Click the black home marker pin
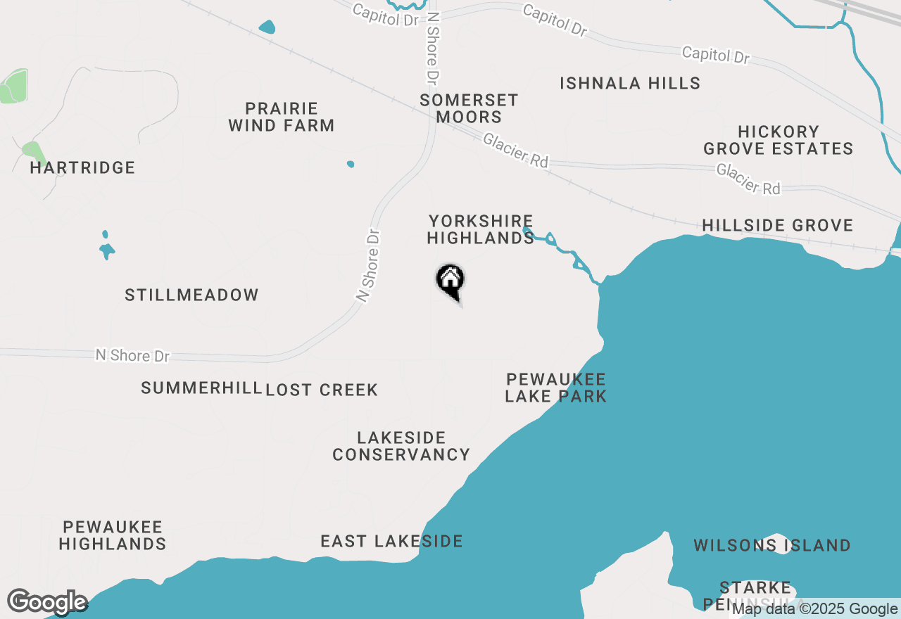click(450, 280)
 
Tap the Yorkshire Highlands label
click(481, 230)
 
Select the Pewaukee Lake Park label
click(555, 388)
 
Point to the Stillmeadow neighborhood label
click(191, 295)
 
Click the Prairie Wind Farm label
click(281, 117)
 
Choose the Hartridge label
click(82, 168)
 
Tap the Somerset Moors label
click(468, 109)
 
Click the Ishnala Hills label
click(630, 84)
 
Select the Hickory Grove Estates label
click(779, 141)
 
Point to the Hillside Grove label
click(777, 226)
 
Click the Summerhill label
click(201, 388)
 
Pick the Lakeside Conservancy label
click(401, 447)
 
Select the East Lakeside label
click(391, 542)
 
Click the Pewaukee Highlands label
click(113, 535)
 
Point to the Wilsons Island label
click(772, 546)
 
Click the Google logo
click(47, 602)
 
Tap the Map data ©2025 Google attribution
click(814, 609)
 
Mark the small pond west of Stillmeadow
click(107, 248)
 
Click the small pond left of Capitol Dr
click(267, 27)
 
